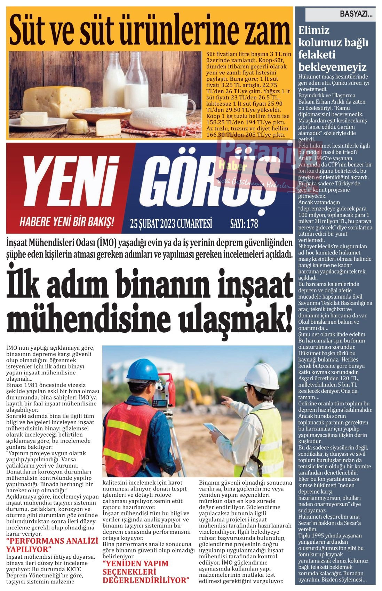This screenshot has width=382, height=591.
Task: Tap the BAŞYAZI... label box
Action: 340,15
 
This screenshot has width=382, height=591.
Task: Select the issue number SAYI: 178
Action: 244,223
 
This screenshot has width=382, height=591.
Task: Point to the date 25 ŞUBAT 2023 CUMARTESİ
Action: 171,223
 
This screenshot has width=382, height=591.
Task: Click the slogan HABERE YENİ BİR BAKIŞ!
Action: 66,221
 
